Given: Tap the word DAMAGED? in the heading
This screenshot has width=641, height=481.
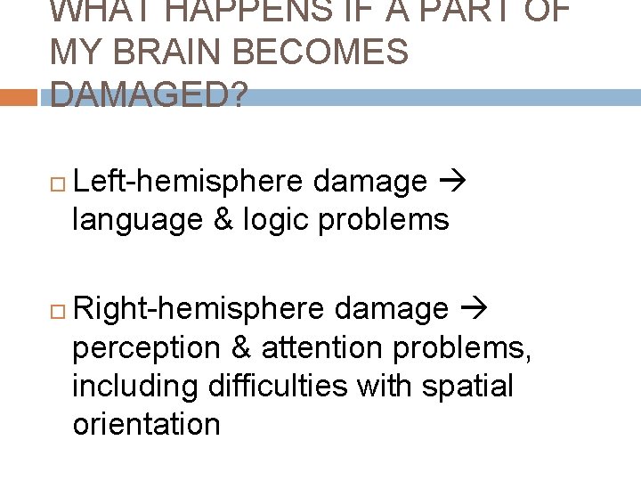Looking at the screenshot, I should click(x=150, y=94).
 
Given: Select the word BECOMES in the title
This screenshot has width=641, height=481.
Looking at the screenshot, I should click(x=329, y=53).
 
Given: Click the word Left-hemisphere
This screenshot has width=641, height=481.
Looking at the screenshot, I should click(x=191, y=182).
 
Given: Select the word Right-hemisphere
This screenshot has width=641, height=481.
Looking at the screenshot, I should click(x=201, y=309).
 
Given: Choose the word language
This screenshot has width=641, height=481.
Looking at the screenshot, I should click(x=137, y=219).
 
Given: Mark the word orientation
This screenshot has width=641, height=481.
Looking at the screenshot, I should click(x=146, y=424).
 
